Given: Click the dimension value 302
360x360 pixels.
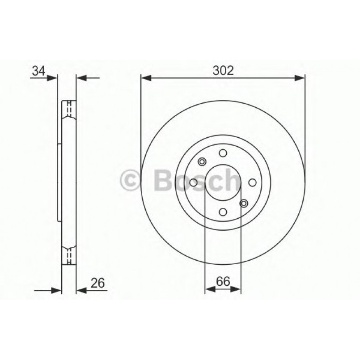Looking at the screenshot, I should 223,71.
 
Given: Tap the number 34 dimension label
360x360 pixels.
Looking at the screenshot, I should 38,71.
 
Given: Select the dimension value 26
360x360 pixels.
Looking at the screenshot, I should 98,283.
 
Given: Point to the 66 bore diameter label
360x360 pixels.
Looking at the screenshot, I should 223,282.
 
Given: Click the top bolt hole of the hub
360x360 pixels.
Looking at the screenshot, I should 223,153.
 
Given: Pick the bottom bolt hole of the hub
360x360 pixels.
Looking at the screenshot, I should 223,212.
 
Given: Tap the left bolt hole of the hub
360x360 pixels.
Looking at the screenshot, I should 194,182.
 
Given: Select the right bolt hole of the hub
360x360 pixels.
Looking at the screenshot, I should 252,182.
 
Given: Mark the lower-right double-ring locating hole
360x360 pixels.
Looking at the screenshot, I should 244,203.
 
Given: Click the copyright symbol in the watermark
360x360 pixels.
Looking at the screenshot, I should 131,181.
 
